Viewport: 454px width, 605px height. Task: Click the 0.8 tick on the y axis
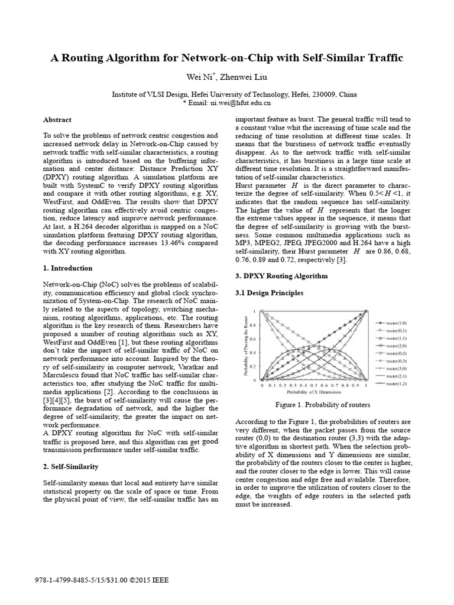pyautogui.click(x=252, y=324)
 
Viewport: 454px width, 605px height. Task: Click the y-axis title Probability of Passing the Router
pyautogui.click(x=244, y=345)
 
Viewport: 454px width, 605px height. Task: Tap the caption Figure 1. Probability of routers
pyautogui.click(x=323, y=405)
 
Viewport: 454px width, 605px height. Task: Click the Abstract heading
pyautogui.click(x=57, y=119)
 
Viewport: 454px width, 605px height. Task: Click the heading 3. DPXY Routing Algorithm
pyautogui.click(x=281, y=276)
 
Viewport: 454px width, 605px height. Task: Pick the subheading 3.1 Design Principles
pyautogui.click(x=269, y=292)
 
